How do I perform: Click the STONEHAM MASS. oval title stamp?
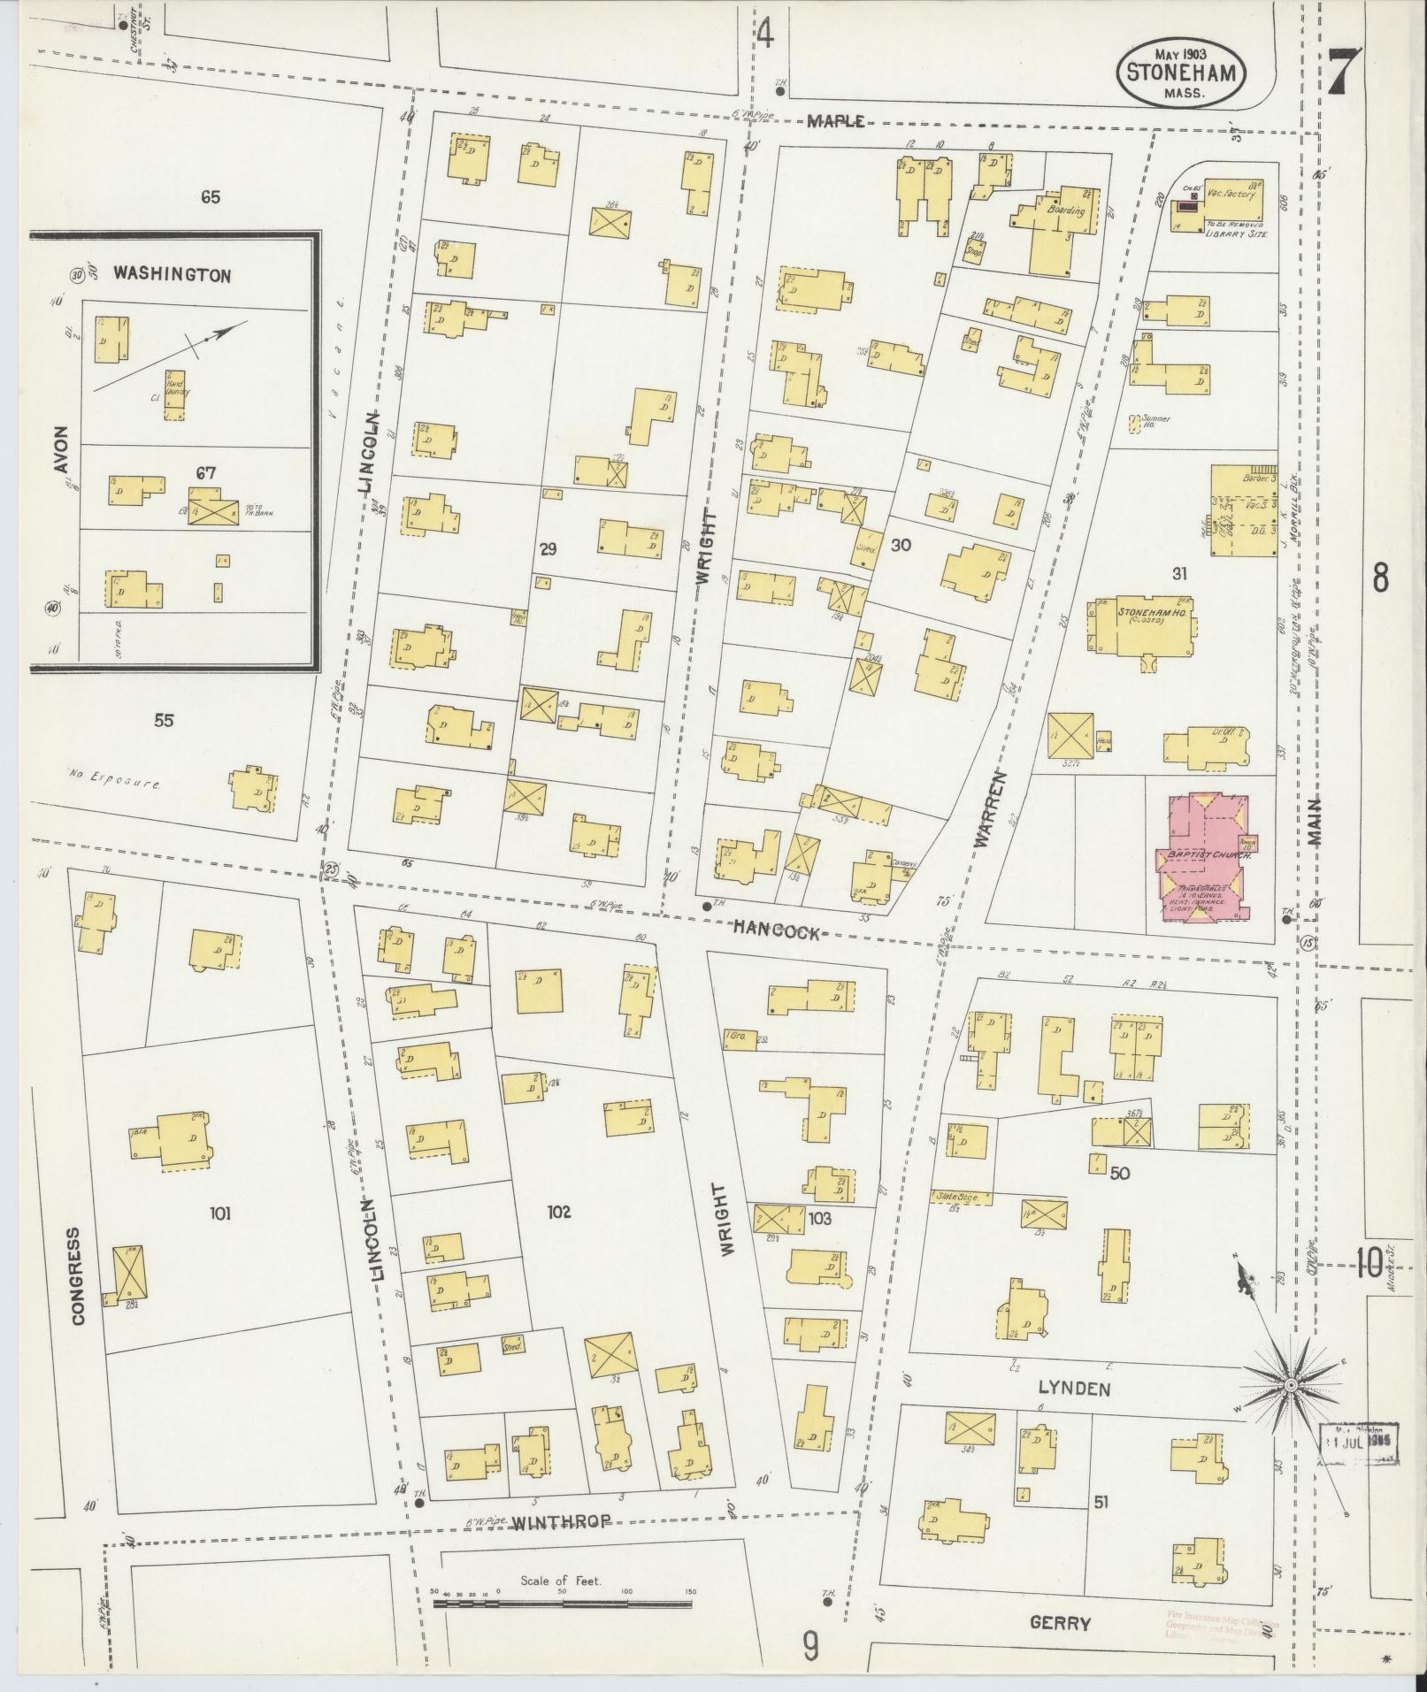(1180, 75)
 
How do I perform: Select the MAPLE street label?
(835, 122)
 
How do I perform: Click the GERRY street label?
(1060, 1623)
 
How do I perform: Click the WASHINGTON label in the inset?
(172, 275)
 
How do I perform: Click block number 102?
(559, 1212)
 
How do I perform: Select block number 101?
(219, 1213)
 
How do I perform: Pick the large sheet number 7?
(1343, 73)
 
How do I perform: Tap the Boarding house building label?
(1065, 211)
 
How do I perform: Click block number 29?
(547, 550)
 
